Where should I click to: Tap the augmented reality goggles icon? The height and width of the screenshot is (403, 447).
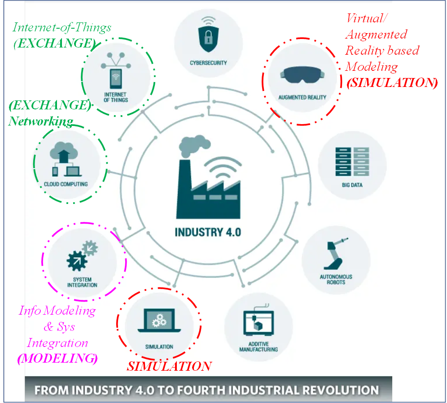[x=302, y=74]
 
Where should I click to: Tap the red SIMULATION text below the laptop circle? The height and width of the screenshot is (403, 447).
[x=169, y=366]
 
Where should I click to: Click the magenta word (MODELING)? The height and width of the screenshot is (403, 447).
[x=57, y=359]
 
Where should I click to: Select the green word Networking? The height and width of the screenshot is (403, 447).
[x=41, y=121]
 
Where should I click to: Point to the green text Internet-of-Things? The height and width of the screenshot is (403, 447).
[x=62, y=27]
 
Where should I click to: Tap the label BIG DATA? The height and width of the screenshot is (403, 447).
[x=352, y=185]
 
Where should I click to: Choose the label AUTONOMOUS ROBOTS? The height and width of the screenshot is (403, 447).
[x=336, y=279]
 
